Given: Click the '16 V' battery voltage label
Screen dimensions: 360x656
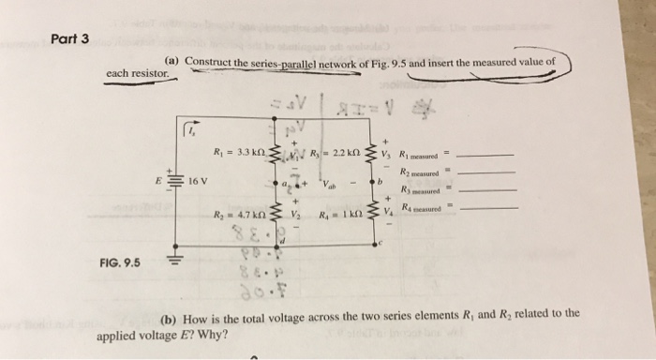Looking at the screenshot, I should (197, 178).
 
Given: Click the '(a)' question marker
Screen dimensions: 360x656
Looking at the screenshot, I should (172, 63).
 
